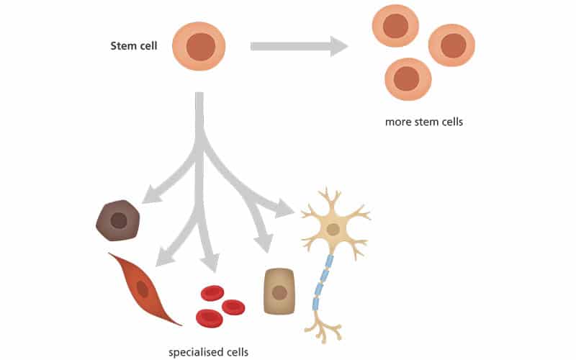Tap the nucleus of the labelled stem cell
[200, 47]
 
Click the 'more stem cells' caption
[424, 122]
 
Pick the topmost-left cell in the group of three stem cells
[395, 26]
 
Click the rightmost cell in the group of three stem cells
[452, 45]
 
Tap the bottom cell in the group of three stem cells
[408, 78]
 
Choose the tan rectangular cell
[279, 292]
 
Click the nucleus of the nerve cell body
[333, 230]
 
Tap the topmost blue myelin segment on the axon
[330, 261]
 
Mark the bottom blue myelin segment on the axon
[315, 304]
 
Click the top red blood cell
[212, 292]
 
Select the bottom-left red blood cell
[209, 317]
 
